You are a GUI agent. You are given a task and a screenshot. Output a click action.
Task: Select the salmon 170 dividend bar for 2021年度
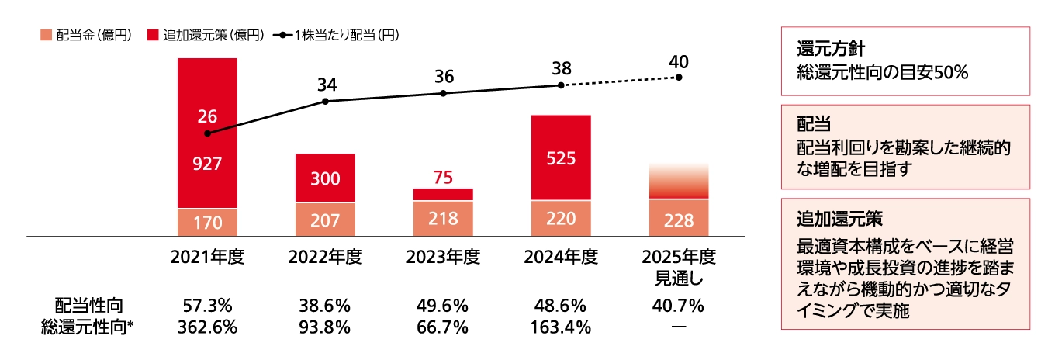pyautogui.click(x=207, y=223)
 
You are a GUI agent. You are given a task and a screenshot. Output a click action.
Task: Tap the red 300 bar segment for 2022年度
pyautogui.click(x=325, y=178)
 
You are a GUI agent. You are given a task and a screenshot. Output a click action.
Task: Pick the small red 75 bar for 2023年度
pyautogui.click(x=443, y=194)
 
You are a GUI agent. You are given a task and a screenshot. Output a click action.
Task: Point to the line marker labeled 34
pyautogui.click(x=325, y=101)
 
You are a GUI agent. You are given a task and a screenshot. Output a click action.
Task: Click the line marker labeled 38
pyautogui.click(x=561, y=85)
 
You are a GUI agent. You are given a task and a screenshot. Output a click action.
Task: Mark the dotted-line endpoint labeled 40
pyautogui.click(x=679, y=78)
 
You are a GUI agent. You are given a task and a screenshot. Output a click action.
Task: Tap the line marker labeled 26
pyautogui.click(x=207, y=133)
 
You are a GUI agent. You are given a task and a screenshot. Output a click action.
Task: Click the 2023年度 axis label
pyautogui.click(x=443, y=257)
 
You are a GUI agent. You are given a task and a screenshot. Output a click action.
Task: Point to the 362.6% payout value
pyautogui.click(x=207, y=327)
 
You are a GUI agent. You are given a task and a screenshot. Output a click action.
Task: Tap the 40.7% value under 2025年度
pyautogui.click(x=679, y=306)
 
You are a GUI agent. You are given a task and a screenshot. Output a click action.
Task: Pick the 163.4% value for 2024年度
pyautogui.click(x=561, y=327)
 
